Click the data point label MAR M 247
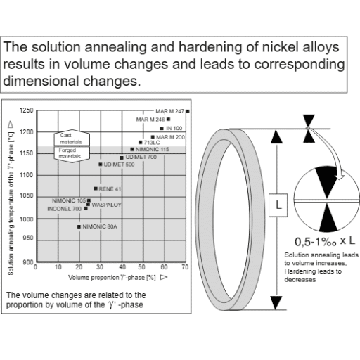pyautogui.click(x=170, y=112)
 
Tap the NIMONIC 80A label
pyautogui.click(x=99, y=226)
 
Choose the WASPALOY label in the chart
pyautogui.click(x=107, y=204)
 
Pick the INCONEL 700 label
pyautogui.click(x=64, y=209)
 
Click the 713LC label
pyautogui.click(x=153, y=143)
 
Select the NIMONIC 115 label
pyautogui.click(x=152, y=150)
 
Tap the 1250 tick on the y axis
pyautogui.click(x=27, y=111)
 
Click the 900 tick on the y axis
pyautogui.click(x=28, y=262)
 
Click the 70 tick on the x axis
pyautogui.click(x=186, y=268)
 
